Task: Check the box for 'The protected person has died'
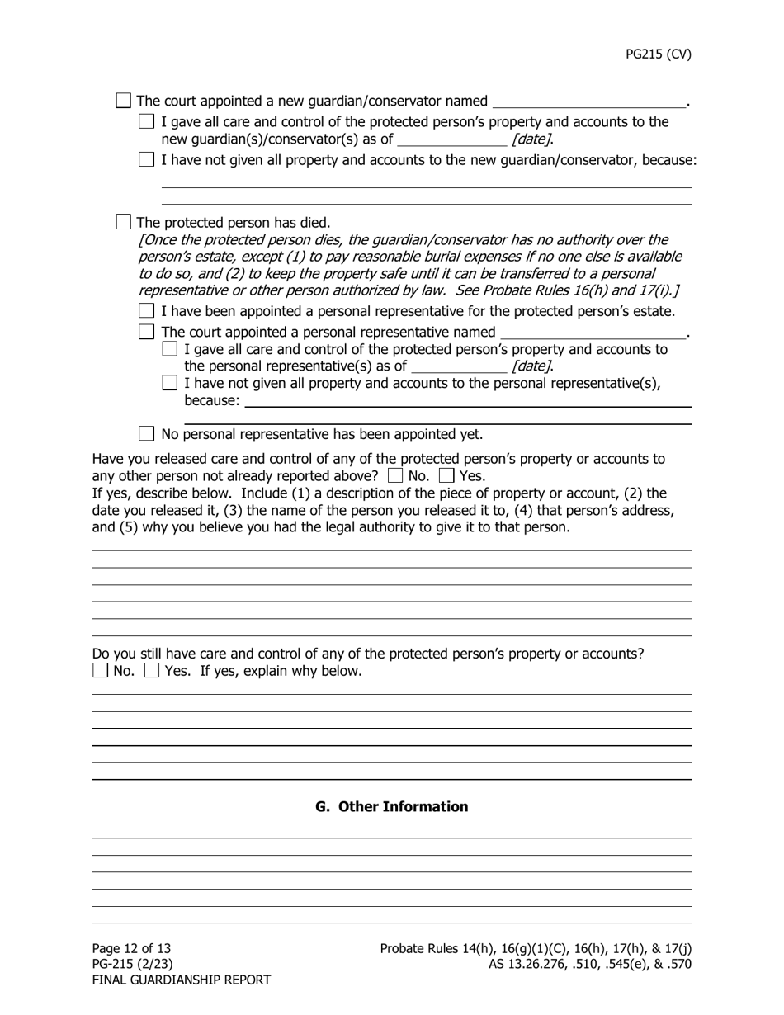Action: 124,222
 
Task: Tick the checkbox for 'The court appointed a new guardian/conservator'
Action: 124,101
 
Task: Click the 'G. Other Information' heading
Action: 391,806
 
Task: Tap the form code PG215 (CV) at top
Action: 658,54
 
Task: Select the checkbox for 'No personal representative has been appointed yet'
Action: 147,433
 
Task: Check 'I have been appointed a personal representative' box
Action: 147,311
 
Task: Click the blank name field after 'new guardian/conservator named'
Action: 588,101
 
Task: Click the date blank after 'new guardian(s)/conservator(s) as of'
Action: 451,139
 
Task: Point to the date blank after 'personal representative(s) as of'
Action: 458,366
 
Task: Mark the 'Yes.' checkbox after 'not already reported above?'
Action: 446,475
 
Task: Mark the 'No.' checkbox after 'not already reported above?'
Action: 395,475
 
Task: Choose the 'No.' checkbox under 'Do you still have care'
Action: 101,670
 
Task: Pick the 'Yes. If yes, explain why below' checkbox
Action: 152,670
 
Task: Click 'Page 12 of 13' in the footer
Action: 132,948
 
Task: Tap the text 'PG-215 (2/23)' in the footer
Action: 133,964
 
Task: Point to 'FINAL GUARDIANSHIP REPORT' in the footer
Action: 182,980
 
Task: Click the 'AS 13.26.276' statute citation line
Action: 589,964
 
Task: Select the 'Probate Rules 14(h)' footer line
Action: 536,948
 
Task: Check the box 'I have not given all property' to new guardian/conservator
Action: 147,159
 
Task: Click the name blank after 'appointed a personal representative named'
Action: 593,333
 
